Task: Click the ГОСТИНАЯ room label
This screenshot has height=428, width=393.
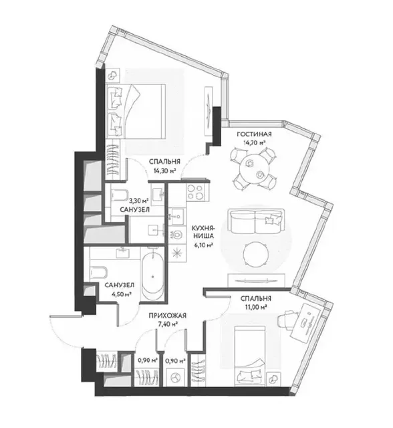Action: click(x=253, y=134)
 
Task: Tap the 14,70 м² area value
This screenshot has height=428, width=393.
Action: click(x=254, y=142)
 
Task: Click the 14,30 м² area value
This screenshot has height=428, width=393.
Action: click(x=163, y=171)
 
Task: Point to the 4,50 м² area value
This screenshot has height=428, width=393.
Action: click(x=118, y=294)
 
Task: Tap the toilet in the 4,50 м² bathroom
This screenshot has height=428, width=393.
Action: click(x=98, y=272)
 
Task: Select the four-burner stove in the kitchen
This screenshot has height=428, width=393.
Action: click(x=196, y=193)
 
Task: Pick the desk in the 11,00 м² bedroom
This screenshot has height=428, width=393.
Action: click(x=307, y=320)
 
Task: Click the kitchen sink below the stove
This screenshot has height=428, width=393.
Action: click(x=178, y=215)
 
